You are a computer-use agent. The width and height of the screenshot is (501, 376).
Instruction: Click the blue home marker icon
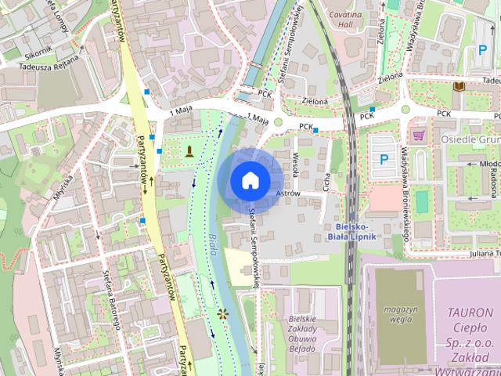click(249, 180)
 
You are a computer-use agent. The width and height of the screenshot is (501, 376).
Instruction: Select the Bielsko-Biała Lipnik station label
click(351, 230)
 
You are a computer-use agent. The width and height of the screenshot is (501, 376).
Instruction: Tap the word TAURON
click(470, 312)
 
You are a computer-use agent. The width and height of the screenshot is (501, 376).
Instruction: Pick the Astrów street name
click(287, 193)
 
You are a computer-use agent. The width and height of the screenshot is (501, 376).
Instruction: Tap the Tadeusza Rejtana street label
click(46, 63)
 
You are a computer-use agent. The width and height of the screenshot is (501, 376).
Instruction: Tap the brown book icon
click(460, 85)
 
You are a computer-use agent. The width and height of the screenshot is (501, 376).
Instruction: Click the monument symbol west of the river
click(188, 150)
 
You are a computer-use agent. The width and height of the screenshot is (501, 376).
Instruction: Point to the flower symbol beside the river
click(223, 314)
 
